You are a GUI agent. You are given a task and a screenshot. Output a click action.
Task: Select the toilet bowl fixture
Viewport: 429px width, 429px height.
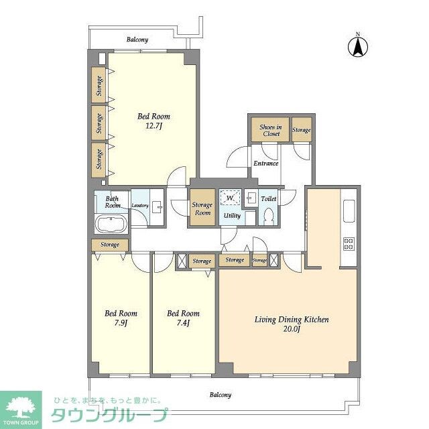[x=268, y=216]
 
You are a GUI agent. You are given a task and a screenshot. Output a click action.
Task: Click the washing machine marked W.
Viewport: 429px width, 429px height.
[x=230, y=198]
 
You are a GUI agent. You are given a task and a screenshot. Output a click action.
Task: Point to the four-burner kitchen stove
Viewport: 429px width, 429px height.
[x=349, y=243]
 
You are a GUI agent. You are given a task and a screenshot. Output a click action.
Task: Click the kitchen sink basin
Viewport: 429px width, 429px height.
[x=349, y=212]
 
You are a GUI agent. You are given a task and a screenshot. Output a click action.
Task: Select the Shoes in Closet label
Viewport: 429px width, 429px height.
[x=269, y=129]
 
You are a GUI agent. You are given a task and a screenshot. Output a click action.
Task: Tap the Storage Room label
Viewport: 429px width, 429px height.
[x=202, y=208]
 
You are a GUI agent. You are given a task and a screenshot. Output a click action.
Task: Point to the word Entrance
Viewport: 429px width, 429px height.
[x=265, y=163]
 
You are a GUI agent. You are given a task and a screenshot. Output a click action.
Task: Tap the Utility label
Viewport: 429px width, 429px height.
[x=232, y=216]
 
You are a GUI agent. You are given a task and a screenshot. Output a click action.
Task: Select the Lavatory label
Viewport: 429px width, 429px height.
[x=140, y=205]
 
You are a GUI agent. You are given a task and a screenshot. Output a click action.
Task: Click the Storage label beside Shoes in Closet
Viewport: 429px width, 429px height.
[x=301, y=130]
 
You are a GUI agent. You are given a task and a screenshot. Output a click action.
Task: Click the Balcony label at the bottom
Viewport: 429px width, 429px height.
[x=219, y=395]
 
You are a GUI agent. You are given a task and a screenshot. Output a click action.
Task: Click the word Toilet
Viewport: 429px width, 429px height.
[x=268, y=199]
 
